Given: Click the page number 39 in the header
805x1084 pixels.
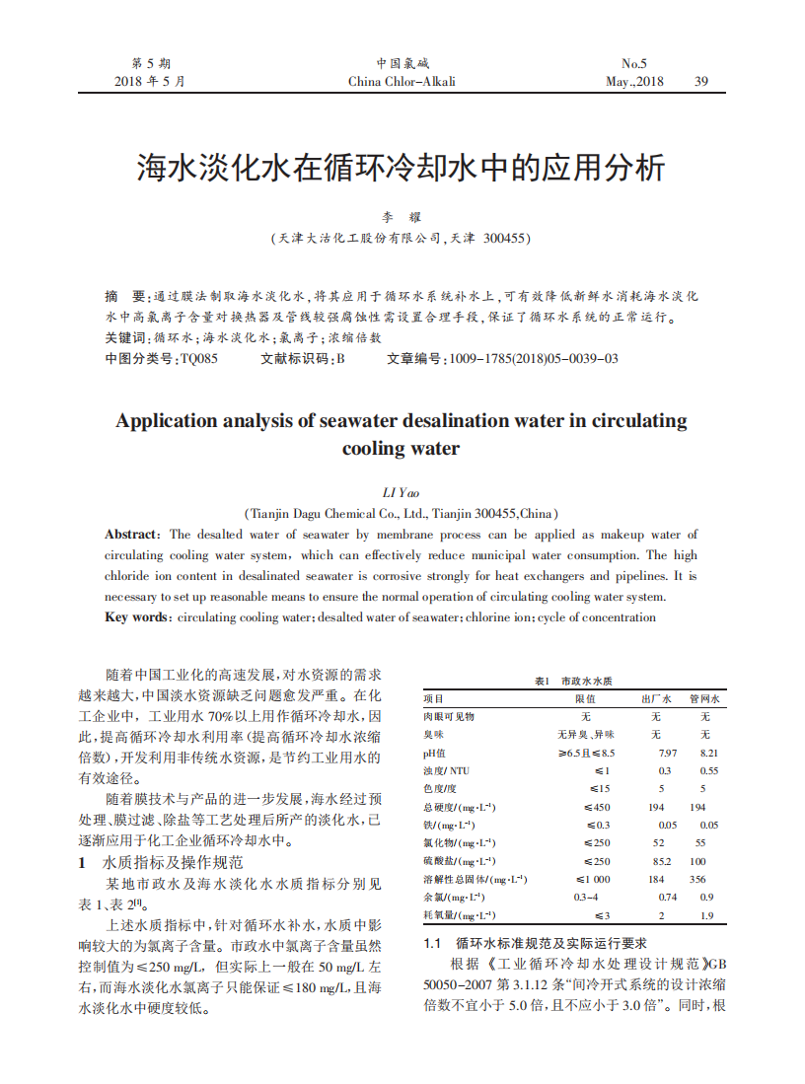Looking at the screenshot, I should pos(701,81).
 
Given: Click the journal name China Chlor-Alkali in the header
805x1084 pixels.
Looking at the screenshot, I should pos(402,81).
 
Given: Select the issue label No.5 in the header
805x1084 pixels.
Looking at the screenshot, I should pos(634,63).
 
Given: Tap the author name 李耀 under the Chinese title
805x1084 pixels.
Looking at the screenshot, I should pos(402,216).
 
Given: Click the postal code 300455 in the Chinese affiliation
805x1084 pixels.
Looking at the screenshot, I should pos(504,238).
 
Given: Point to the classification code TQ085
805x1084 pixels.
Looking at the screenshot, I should pos(198,359).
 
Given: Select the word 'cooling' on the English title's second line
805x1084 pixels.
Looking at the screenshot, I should pos(371,449).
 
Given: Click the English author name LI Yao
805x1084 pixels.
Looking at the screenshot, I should pos(402,492).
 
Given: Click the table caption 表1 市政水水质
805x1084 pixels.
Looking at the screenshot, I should pos(572,681).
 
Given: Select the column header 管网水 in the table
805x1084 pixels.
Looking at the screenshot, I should pos(704,698).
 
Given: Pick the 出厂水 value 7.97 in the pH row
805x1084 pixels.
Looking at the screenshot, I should pos(667,753).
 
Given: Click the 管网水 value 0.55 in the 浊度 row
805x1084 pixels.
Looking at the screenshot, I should pos(708,770).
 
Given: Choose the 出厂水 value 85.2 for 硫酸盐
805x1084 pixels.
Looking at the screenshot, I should pos(662,861).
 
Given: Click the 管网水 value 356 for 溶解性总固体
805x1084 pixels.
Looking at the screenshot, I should pos(697,879).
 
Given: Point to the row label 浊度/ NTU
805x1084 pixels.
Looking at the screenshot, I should pos(446,770).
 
